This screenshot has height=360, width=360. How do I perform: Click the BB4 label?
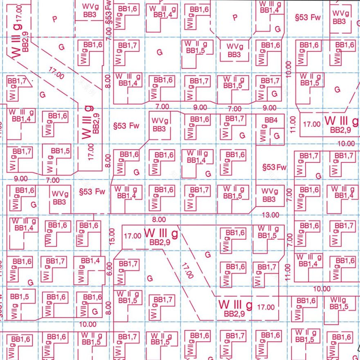[271, 120]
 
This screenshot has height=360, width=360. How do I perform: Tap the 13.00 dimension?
[270, 215]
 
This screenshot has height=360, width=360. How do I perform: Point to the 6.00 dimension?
[109, 269]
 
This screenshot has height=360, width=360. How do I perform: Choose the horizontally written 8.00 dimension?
[159, 220]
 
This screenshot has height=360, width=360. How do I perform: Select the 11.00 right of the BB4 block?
[292, 124]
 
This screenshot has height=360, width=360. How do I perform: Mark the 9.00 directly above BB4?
[269, 108]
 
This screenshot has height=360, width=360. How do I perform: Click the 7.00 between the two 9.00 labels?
[234, 109]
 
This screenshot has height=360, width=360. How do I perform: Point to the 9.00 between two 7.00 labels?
[200, 107]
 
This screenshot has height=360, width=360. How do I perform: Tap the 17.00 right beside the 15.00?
[132, 236]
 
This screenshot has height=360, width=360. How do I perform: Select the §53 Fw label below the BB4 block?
[274, 167]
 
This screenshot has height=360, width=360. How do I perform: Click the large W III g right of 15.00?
[161, 234]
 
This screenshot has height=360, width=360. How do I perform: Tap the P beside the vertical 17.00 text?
[55, 19]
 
